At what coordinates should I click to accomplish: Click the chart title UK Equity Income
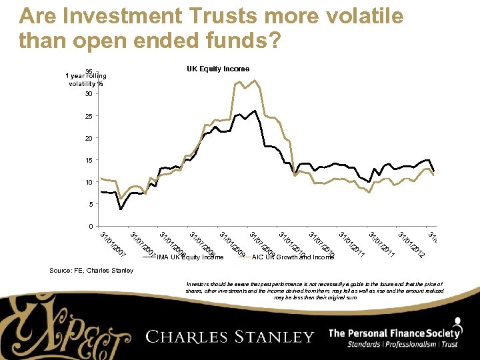pos(218,69)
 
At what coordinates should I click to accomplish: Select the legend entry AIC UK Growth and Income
pos(293,257)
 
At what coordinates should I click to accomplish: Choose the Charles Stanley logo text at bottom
pos(230,337)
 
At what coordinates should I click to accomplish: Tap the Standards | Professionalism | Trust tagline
pos(402,345)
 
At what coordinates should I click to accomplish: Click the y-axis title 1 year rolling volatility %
pos(84,79)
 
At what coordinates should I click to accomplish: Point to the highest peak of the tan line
pos(254,81)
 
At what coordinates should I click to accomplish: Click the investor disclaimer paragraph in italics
pos(314,291)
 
